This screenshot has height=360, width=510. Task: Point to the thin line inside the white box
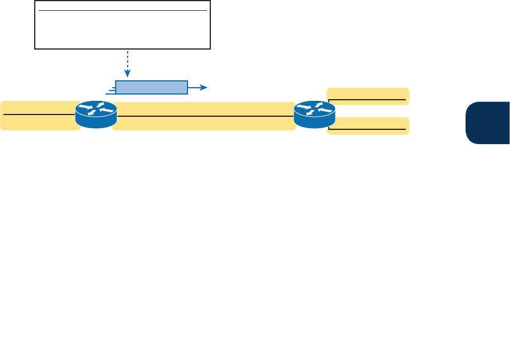[x=123, y=10]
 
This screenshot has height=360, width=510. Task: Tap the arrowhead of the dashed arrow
[x=128, y=74]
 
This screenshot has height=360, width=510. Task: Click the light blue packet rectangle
[x=152, y=87]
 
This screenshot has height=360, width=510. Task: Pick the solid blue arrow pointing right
[x=197, y=87]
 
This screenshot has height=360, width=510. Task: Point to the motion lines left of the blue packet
[x=110, y=89]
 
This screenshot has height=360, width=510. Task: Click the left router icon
[x=96, y=114]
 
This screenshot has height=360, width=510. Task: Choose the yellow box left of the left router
[x=39, y=115]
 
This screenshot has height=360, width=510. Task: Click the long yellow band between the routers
[x=203, y=116]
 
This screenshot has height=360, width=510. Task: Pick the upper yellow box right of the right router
[x=368, y=96]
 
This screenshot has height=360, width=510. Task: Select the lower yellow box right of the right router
[x=368, y=125]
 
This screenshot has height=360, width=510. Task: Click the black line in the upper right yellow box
[x=368, y=100]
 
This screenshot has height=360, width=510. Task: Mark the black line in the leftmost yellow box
[x=39, y=114]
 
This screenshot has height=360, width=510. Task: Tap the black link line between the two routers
[x=203, y=116]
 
